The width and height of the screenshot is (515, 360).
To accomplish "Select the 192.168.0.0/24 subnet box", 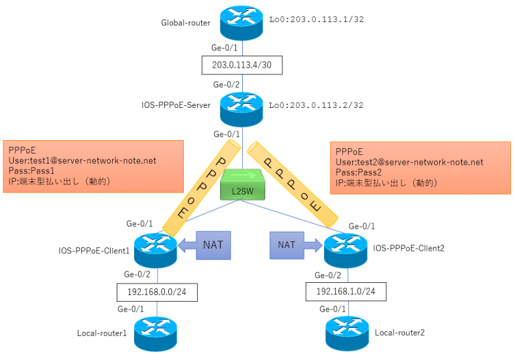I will click(x=156, y=291).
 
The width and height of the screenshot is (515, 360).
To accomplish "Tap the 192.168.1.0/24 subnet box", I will click(x=344, y=291).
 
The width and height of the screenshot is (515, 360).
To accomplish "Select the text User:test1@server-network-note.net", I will click(x=82, y=162).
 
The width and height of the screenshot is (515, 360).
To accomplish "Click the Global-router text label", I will click(x=186, y=23).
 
